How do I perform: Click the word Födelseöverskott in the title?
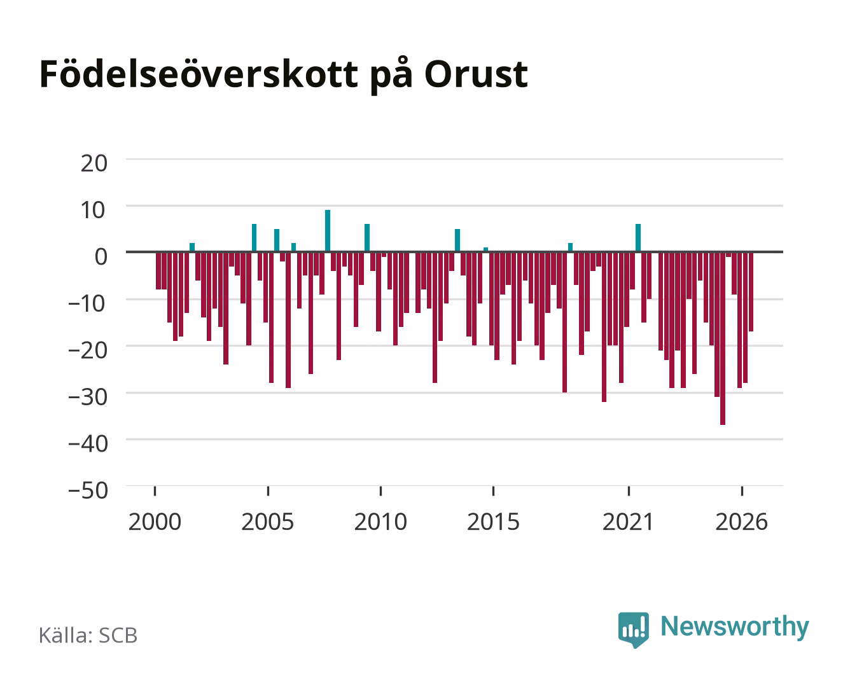(199, 74)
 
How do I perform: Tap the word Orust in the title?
(476, 74)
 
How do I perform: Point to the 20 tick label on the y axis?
(94, 163)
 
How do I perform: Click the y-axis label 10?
(94, 211)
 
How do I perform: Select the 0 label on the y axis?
(101, 256)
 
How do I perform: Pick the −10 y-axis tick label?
(87, 303)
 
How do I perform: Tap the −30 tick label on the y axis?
(88, 397)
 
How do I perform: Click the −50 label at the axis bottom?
(88, 490)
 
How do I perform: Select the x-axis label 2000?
(155, 522)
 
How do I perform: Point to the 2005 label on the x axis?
(268, 522)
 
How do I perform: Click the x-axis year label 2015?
(494, 522)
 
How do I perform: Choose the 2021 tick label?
(629, 522)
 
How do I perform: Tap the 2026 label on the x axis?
(742, 522)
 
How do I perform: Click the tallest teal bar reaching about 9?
(328, 231)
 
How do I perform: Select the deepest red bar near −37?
(723, 338)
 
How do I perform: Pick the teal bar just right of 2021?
(638, 238)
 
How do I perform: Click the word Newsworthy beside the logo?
(735, 627)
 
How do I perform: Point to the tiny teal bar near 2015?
(485, 250)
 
